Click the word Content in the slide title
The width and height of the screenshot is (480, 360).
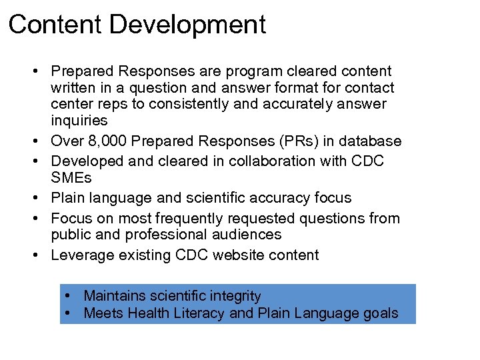pos(55,25)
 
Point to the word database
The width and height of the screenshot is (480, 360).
pos(371,141)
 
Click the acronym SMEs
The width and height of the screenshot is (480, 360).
pos(71,178)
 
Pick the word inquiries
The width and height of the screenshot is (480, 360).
pos(79,121)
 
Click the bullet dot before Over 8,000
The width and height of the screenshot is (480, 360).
pos(41,142)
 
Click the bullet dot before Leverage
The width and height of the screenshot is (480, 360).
pos(41,255)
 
